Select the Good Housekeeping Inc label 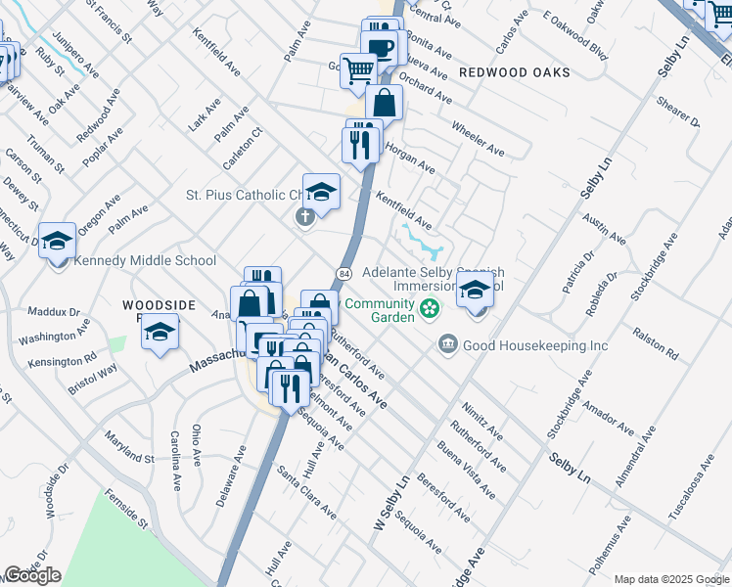[x=535, y=345]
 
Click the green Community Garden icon [x=429, y=310]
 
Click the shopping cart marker [x=359, y=68]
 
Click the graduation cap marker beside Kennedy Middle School [x=58, y=240]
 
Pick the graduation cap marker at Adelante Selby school [x=475, y=290]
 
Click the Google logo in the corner [x=32, y=575]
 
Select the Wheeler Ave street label [x=478, y=138]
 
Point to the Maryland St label [x=130, y=450]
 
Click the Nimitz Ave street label [x=483, y=419]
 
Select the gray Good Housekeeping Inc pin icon [x=448, y=343]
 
